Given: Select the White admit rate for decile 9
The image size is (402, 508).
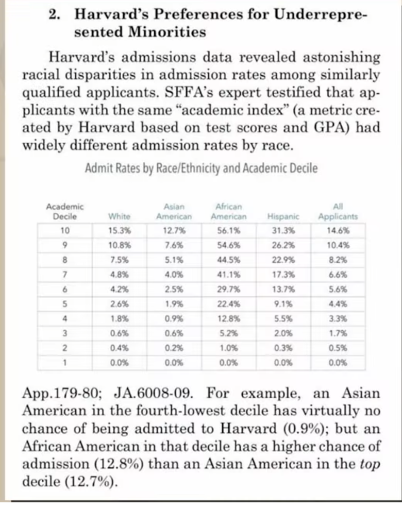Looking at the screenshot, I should click(119, 244).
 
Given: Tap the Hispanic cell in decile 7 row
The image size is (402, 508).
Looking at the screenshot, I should click(280, 272).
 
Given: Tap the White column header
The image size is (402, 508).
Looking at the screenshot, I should click(119, 216).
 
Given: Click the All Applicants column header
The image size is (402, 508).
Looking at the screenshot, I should click(338, 212).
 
